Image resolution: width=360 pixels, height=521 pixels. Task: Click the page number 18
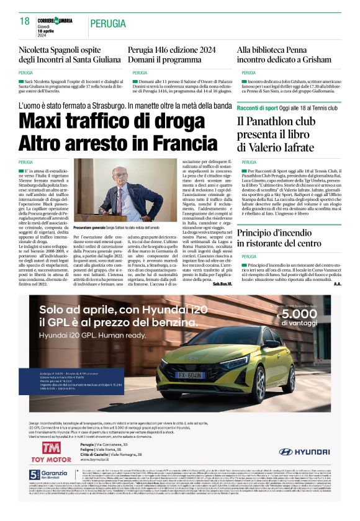pos(25,22)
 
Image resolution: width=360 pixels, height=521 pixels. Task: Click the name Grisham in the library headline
pos(310,60)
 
